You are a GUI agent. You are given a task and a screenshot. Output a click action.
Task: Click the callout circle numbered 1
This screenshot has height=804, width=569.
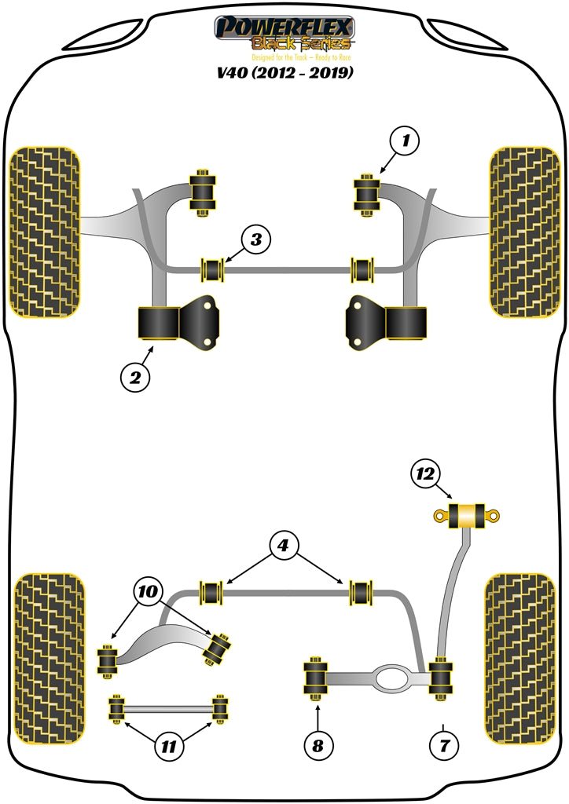[x=406, y=142]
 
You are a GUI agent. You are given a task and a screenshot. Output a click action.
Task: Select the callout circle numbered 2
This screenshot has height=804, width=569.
[x=135, y=378]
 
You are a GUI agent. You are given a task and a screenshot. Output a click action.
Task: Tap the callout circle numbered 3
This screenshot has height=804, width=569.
[x=256, y=239]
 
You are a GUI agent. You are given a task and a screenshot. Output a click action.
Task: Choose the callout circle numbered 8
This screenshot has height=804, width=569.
[x=318, y=745]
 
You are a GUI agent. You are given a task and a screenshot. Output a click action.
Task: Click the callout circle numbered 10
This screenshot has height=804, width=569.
[x=149, y=590]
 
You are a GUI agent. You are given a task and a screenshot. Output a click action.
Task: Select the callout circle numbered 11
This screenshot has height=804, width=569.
[x=167, y=747]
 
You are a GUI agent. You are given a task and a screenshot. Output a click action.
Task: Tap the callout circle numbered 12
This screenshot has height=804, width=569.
[x=425, y=473]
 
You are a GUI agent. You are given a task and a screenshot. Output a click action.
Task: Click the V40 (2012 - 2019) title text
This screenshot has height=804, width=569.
[x=284, y=73]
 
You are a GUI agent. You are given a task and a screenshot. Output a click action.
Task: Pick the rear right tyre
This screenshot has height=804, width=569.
[x=523, y=658]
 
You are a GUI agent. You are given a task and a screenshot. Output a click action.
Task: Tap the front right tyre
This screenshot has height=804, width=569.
[x=524, y=232]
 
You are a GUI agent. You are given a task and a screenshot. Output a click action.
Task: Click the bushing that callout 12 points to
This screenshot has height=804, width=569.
[x=468, y=516]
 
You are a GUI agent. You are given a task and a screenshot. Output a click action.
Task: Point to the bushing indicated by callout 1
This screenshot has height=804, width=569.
[x=367, y=194]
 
